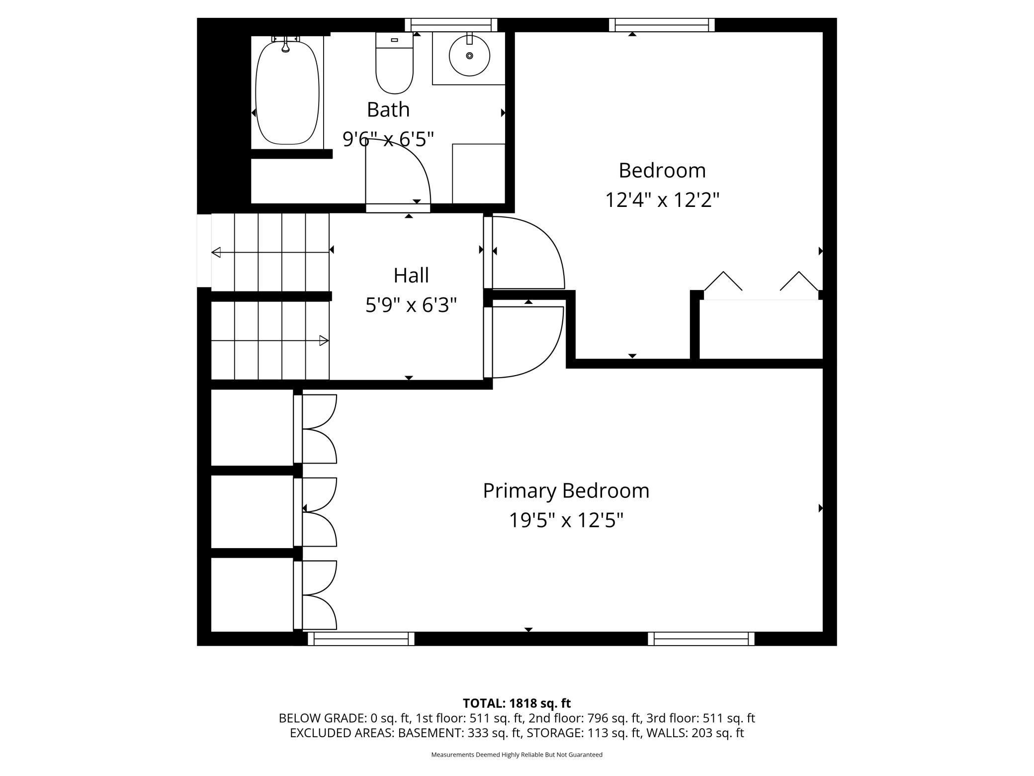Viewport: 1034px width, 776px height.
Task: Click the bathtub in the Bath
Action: click(287, 93)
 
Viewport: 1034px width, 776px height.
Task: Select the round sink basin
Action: click(469, 56)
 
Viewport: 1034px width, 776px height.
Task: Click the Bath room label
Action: click(388, 109)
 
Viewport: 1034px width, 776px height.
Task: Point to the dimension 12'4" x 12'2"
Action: click(662, 200)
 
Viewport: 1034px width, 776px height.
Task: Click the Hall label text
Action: click(411, 275)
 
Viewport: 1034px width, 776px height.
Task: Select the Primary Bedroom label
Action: click(566, 490)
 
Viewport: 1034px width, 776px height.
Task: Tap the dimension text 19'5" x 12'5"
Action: click(566, 521)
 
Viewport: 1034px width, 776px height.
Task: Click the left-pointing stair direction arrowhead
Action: click(216, 252)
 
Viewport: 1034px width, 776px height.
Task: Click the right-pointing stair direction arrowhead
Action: click(324, 341)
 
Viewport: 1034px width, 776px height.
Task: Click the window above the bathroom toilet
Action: click(451, 25)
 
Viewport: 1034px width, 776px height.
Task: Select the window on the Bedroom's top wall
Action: click(662, 25)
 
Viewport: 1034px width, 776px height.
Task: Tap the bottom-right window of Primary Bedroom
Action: click(701, 639)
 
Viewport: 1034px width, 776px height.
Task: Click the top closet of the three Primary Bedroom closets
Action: click(252, 427)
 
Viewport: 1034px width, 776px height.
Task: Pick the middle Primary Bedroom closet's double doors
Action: click(318, 512)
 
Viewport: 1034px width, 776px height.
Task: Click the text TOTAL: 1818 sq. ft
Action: click(517, 703)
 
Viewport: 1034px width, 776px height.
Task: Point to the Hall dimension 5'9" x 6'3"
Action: click(411, 305)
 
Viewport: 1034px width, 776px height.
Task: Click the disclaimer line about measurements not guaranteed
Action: click(517, 755)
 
